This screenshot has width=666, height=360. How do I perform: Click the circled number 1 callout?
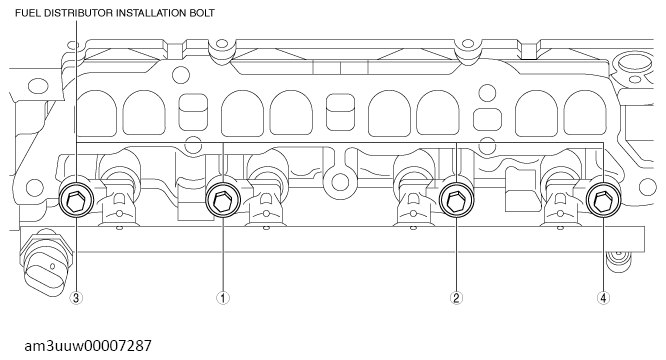[x=223, y=296]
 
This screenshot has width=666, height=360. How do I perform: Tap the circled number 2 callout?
[x=456, y=296]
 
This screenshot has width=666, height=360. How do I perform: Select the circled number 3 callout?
[x=76, y=296]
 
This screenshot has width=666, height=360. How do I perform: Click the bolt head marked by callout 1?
[x=222, y=203]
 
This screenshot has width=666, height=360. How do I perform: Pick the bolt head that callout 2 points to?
[x=456, y=202]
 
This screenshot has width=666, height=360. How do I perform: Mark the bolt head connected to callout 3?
[x=76, y=201]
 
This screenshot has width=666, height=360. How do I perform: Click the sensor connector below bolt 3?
[x=41, y=262]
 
